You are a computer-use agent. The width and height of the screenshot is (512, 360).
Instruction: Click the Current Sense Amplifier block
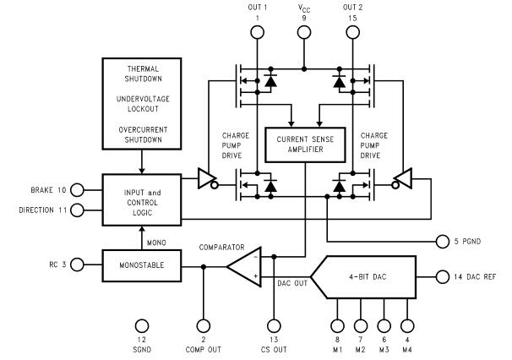click(x=304, y=145)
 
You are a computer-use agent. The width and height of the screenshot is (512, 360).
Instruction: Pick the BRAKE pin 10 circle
click(x=77, y=189)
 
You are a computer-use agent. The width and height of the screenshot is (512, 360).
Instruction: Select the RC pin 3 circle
click(x=77, y=265)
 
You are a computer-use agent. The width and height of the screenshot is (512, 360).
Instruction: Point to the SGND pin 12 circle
click(x=143, y=325)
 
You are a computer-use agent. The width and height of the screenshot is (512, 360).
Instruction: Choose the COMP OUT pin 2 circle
click(x=203, y=325)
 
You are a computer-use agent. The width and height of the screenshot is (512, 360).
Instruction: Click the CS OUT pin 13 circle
click(x=273, y=325)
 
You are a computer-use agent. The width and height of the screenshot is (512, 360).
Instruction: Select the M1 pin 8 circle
click(x=337, y=325)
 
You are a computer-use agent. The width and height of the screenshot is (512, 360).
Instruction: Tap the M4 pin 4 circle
click(x=409, y=325)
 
